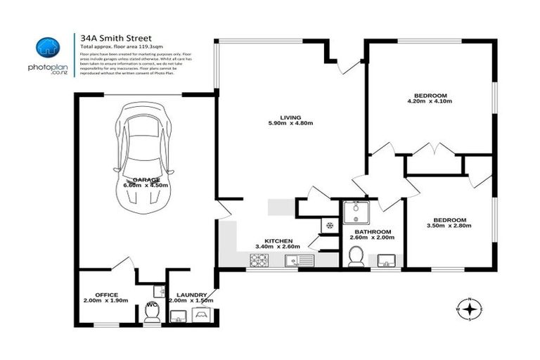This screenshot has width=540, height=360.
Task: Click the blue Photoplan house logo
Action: point(47,47)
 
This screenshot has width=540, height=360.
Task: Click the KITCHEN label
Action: point(278,240)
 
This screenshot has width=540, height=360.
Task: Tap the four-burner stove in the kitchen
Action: point(259,260)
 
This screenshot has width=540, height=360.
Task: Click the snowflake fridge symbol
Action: point(328,225)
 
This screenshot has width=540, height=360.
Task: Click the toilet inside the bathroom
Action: point(356,259)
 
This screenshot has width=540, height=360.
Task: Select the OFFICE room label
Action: point(106,295)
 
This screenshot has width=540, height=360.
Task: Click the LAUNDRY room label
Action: point(191,295)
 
